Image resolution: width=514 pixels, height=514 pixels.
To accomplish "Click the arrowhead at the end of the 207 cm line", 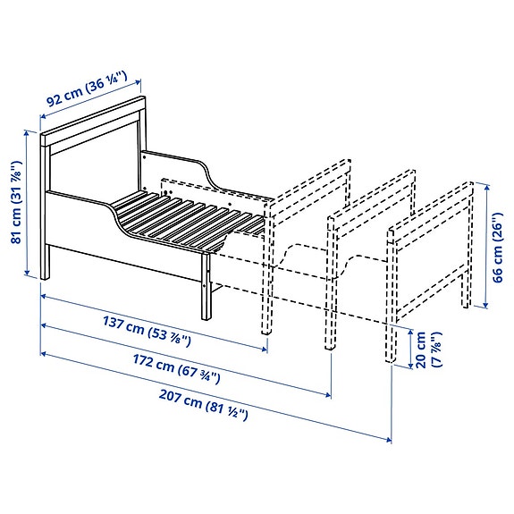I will pyautogui.click(x=389, y=439).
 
